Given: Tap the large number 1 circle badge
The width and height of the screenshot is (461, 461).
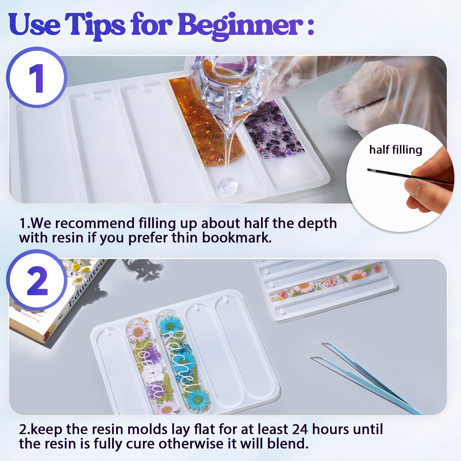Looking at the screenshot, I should [x=37, y=78].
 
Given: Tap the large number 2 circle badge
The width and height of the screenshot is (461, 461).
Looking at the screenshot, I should [x=37, y=280].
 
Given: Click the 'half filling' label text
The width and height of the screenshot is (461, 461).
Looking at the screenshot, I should [x=396, y=150].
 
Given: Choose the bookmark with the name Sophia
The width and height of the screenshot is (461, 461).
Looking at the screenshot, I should [x=150, y=366].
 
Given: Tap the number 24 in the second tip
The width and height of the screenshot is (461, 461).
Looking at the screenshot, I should [x=301, y=429].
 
